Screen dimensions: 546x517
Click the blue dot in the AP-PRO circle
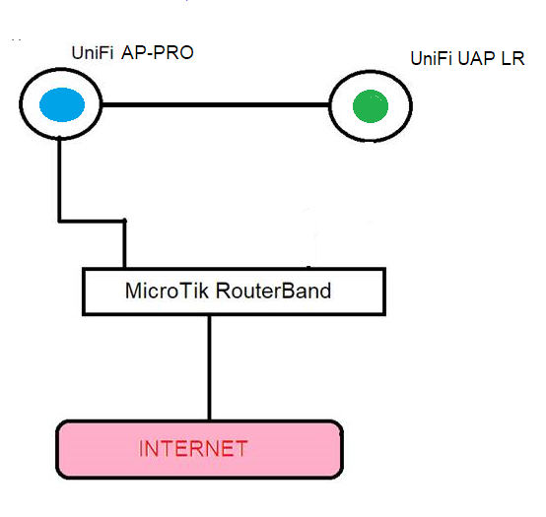[x=62, y=104]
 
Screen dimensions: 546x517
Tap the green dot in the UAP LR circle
[x=371, y=106]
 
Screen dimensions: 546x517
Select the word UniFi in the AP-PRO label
[x=93, y=53]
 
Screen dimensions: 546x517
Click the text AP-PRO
[x=158, y=53]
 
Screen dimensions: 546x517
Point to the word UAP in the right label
[x=477, y=58]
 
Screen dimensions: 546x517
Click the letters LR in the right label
[x=512, y=58]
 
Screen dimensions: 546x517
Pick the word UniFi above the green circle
[x=432, y=58]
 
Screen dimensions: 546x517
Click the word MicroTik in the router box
[x=167, y=291]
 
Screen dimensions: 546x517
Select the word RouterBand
[x=273, y=291]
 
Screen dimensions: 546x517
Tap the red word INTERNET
[x=193, y=448]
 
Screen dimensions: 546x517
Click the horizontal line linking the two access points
[x=215, y=104]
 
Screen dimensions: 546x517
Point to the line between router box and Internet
[x=209, y=367]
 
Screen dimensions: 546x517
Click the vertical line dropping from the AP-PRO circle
[x=59, y=179]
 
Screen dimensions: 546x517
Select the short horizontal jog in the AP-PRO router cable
[x=92, y=221]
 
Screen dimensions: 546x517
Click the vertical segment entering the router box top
[x=124, y=244]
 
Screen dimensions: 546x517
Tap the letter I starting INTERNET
[x=141, y=448]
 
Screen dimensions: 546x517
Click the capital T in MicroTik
[x=184, y=291]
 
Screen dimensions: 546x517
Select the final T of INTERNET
[x=241, y=448]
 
